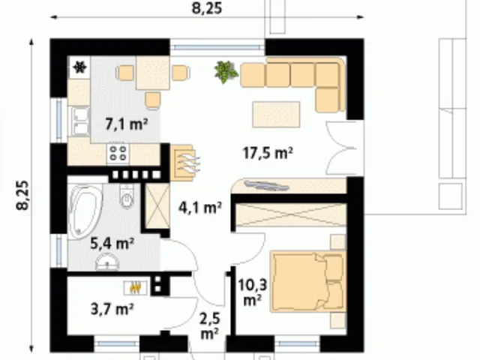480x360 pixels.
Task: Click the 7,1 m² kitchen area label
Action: point(127,124)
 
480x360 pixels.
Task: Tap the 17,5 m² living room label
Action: point(268,153)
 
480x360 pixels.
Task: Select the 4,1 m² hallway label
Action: point(200,208)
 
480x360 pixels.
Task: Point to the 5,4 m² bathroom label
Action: point(112,243)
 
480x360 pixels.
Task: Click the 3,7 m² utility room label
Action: point(112,309)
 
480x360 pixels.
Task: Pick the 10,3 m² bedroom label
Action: point(253,292)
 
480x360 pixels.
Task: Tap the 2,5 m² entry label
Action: point(210,326)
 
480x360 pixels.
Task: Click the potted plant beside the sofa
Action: point(226,72)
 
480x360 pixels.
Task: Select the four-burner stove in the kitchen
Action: point(118,154)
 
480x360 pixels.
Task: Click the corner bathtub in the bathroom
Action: point(84,211)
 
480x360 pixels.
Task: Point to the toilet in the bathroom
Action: point(127,196)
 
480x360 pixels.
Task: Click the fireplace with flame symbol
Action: point(184,162)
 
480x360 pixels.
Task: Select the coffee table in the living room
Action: point(276,114)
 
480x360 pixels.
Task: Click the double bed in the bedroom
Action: point(307,281)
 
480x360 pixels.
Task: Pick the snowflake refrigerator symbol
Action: point(80,67)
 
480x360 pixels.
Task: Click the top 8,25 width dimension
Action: point(207,8)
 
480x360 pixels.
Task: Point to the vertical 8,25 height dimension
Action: point(23,195)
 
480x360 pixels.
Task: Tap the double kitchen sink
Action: point(80,121)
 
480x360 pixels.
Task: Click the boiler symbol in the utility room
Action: point(135,288)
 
